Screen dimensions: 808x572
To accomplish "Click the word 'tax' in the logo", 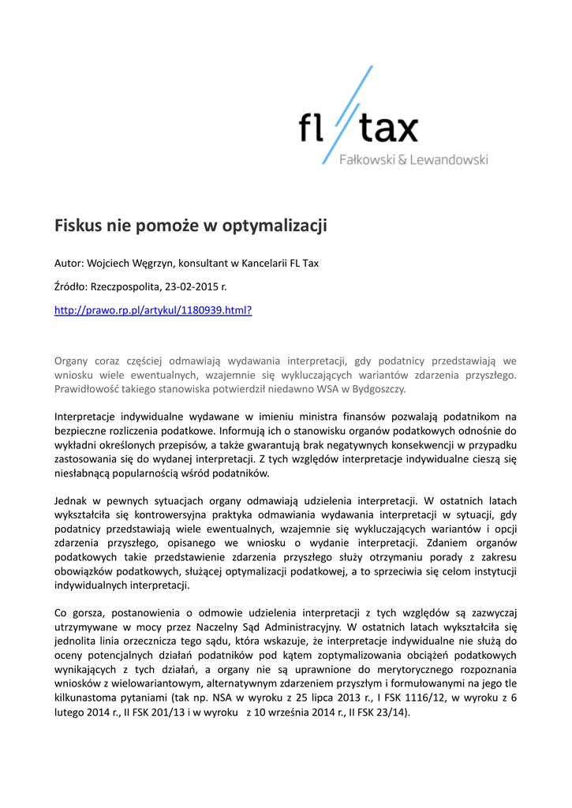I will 388,128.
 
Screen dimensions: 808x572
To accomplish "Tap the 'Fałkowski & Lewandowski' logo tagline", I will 413,160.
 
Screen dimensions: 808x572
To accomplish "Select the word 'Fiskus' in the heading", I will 78,226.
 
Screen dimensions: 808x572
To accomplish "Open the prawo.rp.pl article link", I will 153,311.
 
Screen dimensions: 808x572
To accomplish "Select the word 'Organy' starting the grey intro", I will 70,361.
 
